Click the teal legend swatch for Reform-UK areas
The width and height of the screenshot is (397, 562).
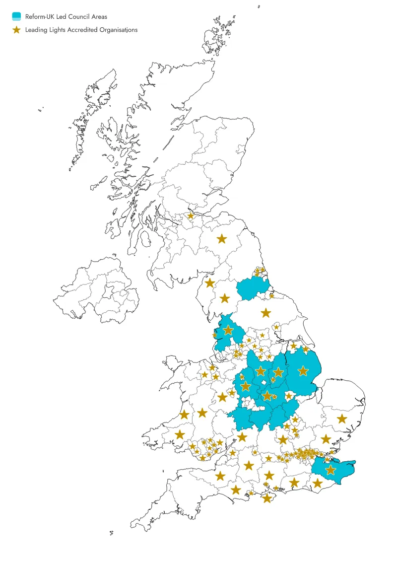point(16,16)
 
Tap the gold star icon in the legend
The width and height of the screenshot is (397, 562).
point(16,30)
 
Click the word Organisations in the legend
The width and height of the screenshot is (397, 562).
point(119,30)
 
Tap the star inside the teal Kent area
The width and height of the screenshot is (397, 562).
point(331,470)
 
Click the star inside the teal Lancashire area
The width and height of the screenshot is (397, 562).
point(228,330)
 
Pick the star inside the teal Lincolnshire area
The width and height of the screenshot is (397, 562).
point(303,370)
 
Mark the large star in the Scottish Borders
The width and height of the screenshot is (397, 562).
point(221,239)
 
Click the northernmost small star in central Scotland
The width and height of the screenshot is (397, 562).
point(191,215)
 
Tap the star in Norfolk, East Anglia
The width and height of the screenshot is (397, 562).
point(341,419)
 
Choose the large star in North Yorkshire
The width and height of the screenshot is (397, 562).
point(266,313)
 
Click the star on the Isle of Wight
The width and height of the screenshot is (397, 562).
point(267,498)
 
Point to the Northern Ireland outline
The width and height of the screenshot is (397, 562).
point(99,293)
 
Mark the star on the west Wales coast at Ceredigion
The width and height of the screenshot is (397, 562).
point(184,414)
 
